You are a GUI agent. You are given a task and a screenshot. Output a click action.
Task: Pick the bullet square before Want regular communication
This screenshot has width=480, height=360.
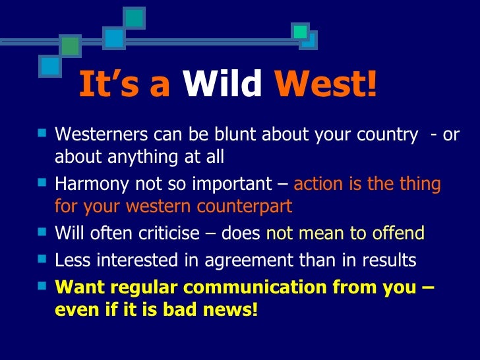pos(44,286)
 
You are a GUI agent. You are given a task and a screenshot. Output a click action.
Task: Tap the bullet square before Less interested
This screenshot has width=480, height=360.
pos(44,260)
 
